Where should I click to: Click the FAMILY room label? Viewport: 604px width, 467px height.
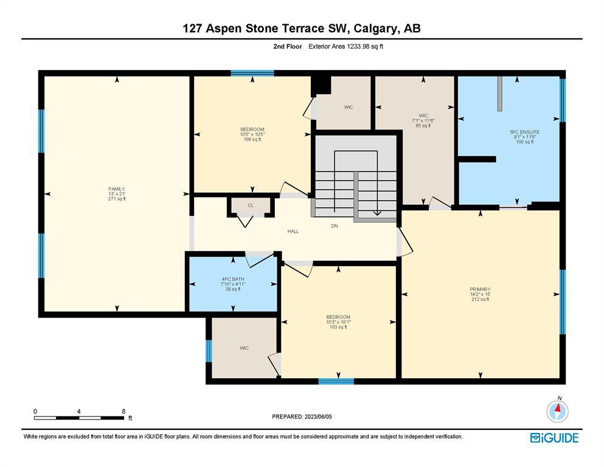pyautogui.click(x=116, y=189)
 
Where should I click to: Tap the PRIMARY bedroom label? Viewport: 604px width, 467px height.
pyautogui.click(x=480, y=289)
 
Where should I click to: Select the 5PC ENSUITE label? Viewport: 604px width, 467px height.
pyautogui.click(x=525, y=132)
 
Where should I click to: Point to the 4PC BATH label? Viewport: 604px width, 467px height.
pyautogui.click(x=233, y=279)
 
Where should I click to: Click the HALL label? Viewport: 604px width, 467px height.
pyautogui.click(x=293, y=232)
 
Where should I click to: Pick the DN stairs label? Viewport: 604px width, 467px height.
pyautogui.click(x=335, y=226)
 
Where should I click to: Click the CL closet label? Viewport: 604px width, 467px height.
pyautogui.click(x=251, y=205)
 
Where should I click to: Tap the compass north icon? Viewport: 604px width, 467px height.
pyautogui.click(x=557, y=410)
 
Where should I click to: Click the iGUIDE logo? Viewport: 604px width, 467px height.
pyautogui.click(x=554, y=438)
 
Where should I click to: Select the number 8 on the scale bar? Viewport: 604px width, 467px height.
pyautogui.click(x=123, y=411)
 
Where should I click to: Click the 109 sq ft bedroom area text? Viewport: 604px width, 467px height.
pyautogui.click(x=252, y=139)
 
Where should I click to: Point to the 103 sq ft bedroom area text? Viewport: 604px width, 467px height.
pyautogui.click(x=338, y=327)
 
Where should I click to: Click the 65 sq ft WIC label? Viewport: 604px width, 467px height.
pyautogui.click(x=423, y=125)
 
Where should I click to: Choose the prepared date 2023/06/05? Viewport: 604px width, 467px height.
pyautogui.click(x=318, y=417)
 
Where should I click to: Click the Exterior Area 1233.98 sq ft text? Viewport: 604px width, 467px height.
pyautogui.click(x=346, y=47)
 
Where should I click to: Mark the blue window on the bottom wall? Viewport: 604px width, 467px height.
pyautogui.click(x=336, y=381)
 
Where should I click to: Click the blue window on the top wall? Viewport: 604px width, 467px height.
pyautogui.click(x=252, y=73)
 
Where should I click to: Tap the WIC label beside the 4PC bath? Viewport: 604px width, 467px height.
pyautogui.click(x=245, y=348)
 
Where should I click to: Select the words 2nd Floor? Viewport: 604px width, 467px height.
pyautogui.click(x=288, y=47)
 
